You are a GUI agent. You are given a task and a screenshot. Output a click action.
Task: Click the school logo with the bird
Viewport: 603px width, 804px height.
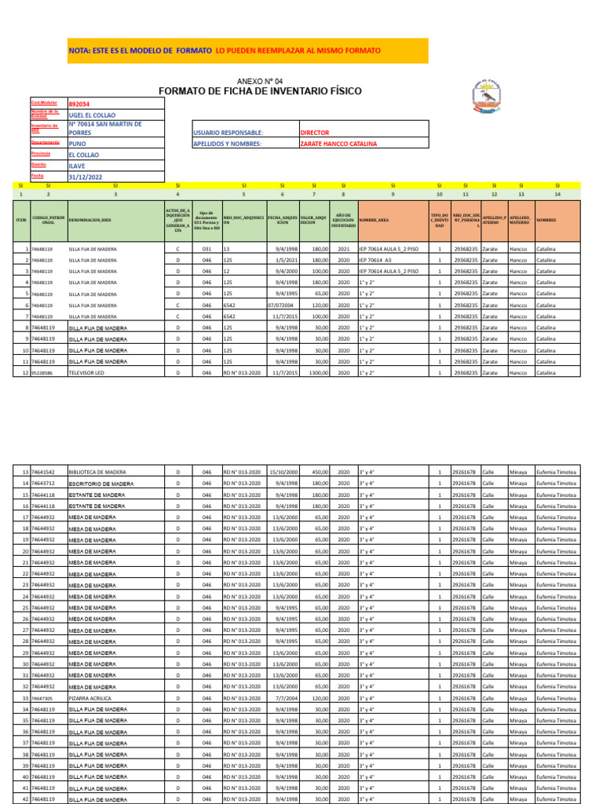pos(492,99)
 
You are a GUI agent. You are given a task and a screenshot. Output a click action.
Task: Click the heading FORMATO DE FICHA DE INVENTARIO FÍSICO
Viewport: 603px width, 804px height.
pos(260,92)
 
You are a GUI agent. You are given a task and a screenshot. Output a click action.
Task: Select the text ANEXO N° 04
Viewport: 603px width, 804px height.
pos(260,81)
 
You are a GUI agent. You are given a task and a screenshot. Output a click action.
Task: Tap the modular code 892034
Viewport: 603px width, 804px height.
pos(79,104)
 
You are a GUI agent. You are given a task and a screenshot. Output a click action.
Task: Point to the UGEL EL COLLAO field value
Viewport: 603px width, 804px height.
pos(92,115)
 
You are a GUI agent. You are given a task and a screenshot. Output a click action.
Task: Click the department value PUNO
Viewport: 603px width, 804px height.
pos(78,144)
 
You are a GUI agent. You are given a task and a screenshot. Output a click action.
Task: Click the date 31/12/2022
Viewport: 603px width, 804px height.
pos(86,177)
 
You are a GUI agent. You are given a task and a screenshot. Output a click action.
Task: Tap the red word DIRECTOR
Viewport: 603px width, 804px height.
pos(315,133)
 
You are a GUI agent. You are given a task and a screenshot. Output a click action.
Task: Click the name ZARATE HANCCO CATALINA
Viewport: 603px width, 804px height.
pos(338,144)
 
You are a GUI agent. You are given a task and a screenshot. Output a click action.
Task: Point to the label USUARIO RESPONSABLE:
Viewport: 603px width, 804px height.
pos(228,133)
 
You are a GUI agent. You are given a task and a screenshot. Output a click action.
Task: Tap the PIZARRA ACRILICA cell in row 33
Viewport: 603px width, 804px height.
pos(89,698)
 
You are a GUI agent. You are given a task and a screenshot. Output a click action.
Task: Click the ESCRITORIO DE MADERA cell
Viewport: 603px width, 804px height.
pos(97,484)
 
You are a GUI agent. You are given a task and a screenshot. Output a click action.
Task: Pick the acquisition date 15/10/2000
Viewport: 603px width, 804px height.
pos(283,473)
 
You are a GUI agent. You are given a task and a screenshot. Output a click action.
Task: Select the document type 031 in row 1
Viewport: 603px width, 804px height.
pos(206,249)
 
